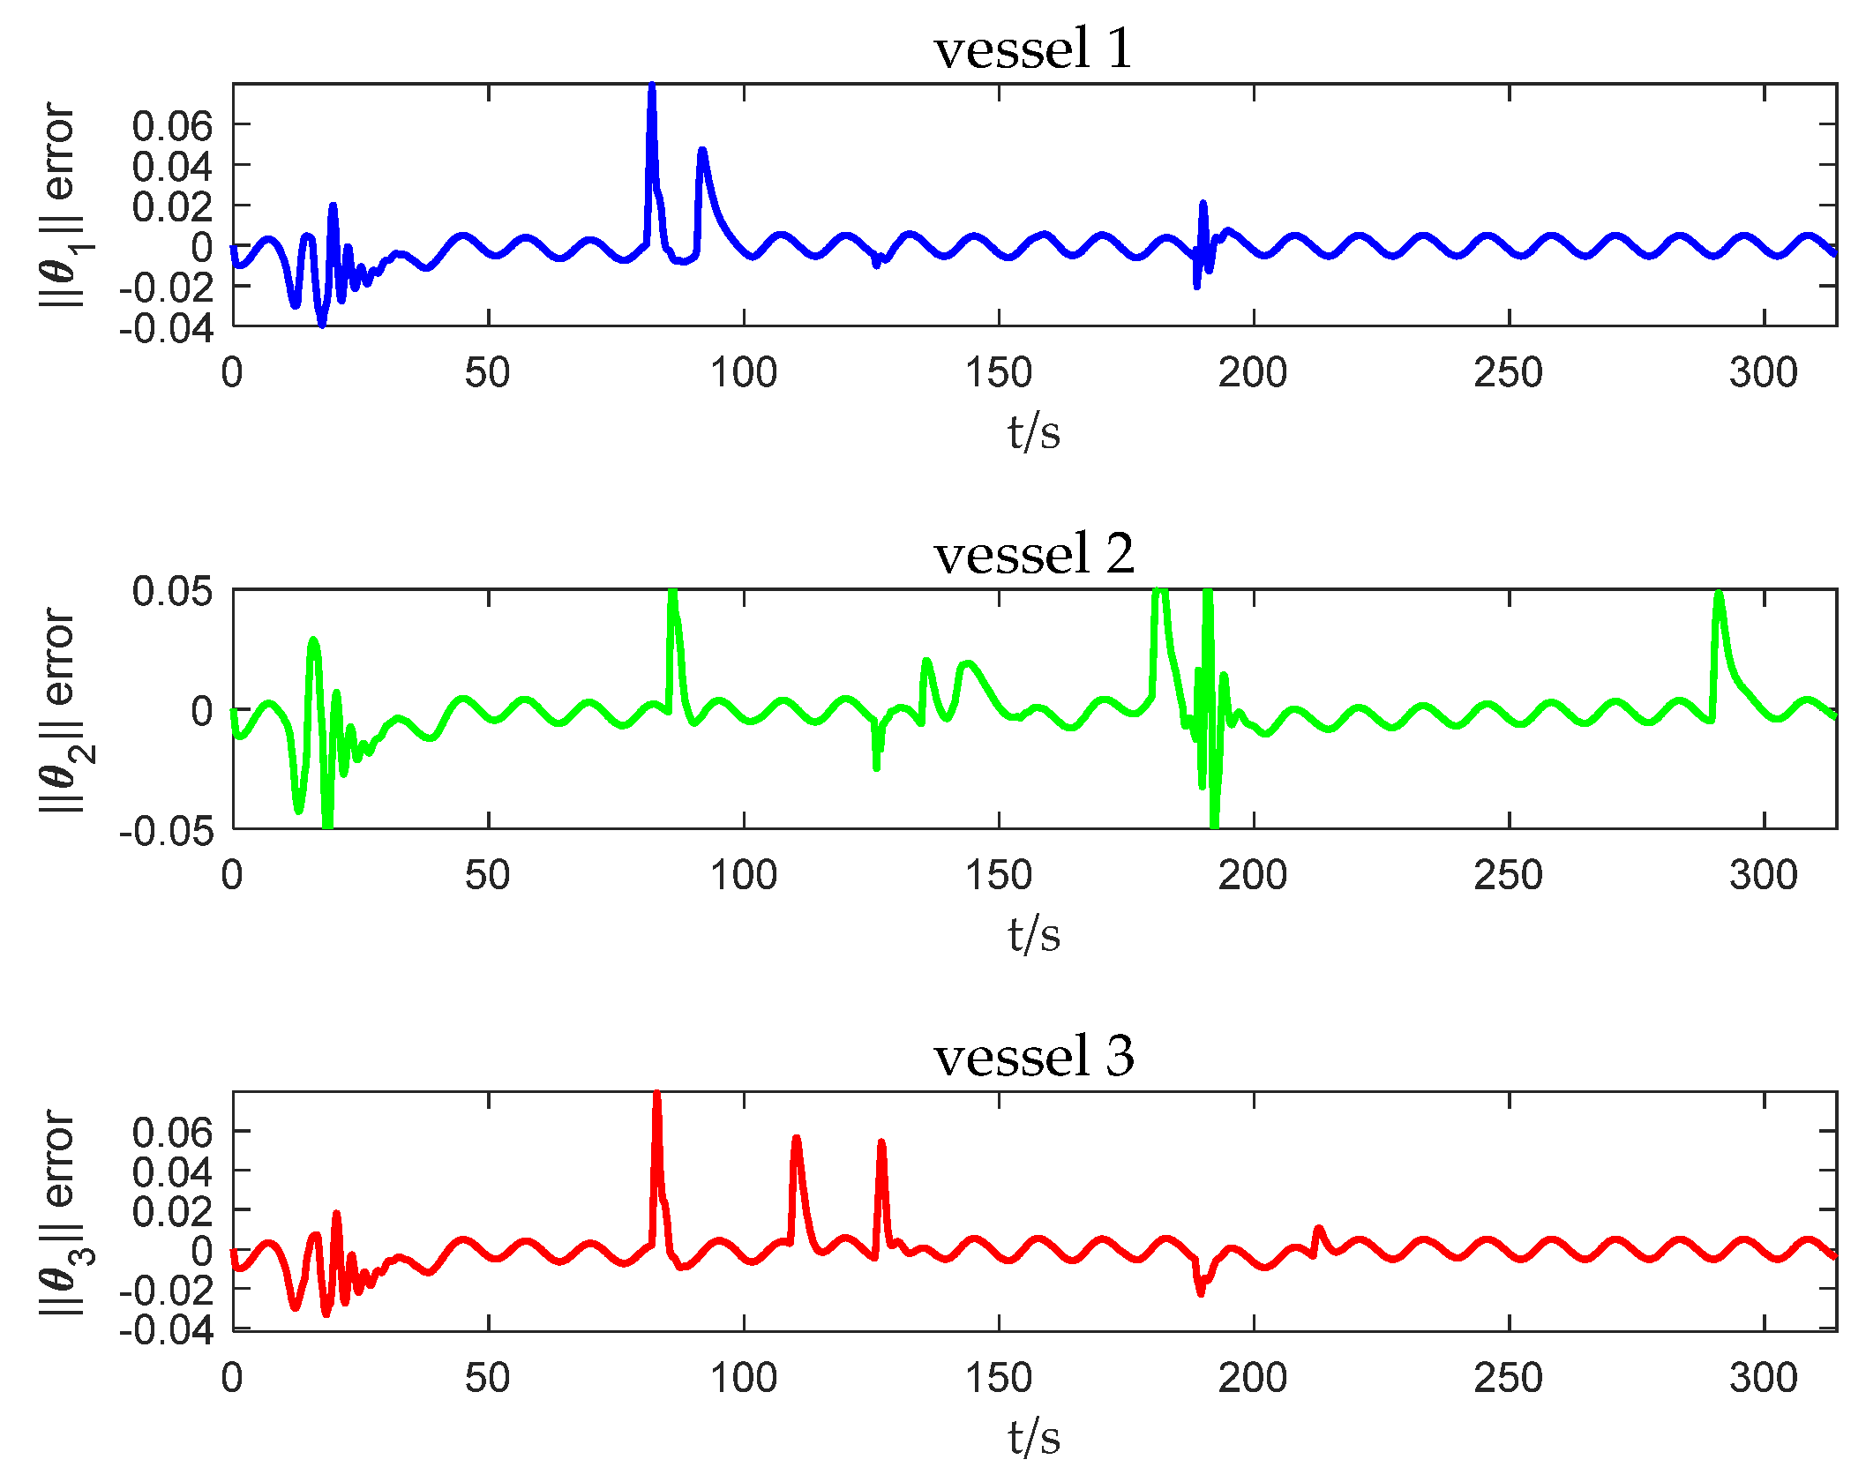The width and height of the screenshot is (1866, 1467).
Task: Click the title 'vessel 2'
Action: (1033, 554)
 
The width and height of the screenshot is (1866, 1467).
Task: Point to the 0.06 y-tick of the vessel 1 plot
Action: (172, 126)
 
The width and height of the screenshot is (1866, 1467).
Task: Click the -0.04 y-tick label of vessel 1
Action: (167, 328)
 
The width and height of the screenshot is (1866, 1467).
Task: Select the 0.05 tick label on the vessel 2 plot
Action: (172, 591)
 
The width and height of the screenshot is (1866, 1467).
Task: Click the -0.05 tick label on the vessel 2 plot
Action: (167, 831)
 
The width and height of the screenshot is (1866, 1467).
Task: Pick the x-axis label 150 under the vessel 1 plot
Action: (998, 372)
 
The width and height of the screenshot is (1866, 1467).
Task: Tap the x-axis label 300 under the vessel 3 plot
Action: (1763, 1377)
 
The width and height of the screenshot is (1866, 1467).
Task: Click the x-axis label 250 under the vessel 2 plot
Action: (1508, 875)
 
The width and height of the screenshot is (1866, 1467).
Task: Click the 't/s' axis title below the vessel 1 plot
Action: (1033, 432)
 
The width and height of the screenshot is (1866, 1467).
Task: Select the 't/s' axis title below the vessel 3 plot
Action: (1033, 1437)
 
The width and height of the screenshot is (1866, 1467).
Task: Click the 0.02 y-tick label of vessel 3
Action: (172, 1212)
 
